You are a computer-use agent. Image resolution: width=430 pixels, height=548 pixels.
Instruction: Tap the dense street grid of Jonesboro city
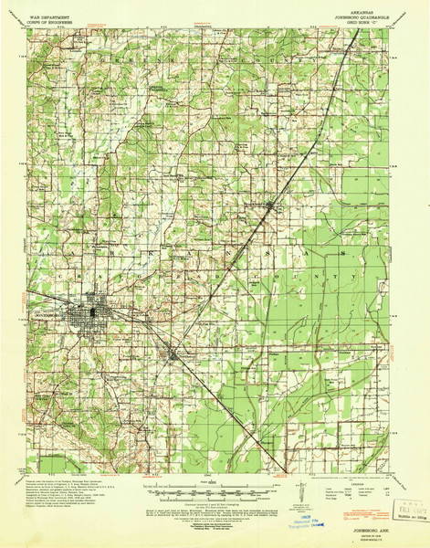pyautogui.click(x=96, y=313)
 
